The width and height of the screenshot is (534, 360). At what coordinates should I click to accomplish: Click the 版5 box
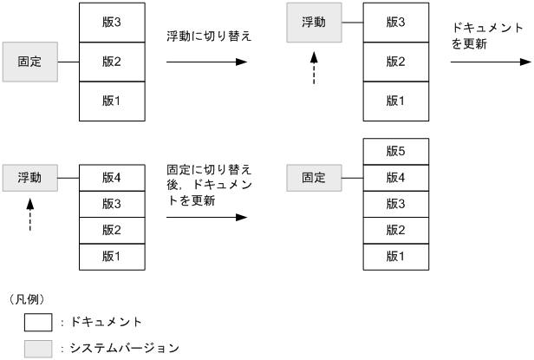coord(395,151)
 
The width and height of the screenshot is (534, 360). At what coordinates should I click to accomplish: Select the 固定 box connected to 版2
coord(29,62)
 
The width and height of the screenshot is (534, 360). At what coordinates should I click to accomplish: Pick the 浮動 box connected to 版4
coord(29,178)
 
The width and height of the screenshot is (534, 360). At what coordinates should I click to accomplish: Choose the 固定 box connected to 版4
coord(314,178)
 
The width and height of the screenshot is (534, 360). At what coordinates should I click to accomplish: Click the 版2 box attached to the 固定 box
coord(111,62)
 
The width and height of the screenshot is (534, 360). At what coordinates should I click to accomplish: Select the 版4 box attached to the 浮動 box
coord(111,178)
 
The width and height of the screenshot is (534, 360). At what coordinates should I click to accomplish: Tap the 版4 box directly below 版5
coord(395,178)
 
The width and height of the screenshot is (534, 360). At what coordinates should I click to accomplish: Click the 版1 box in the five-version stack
coord(395,257)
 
